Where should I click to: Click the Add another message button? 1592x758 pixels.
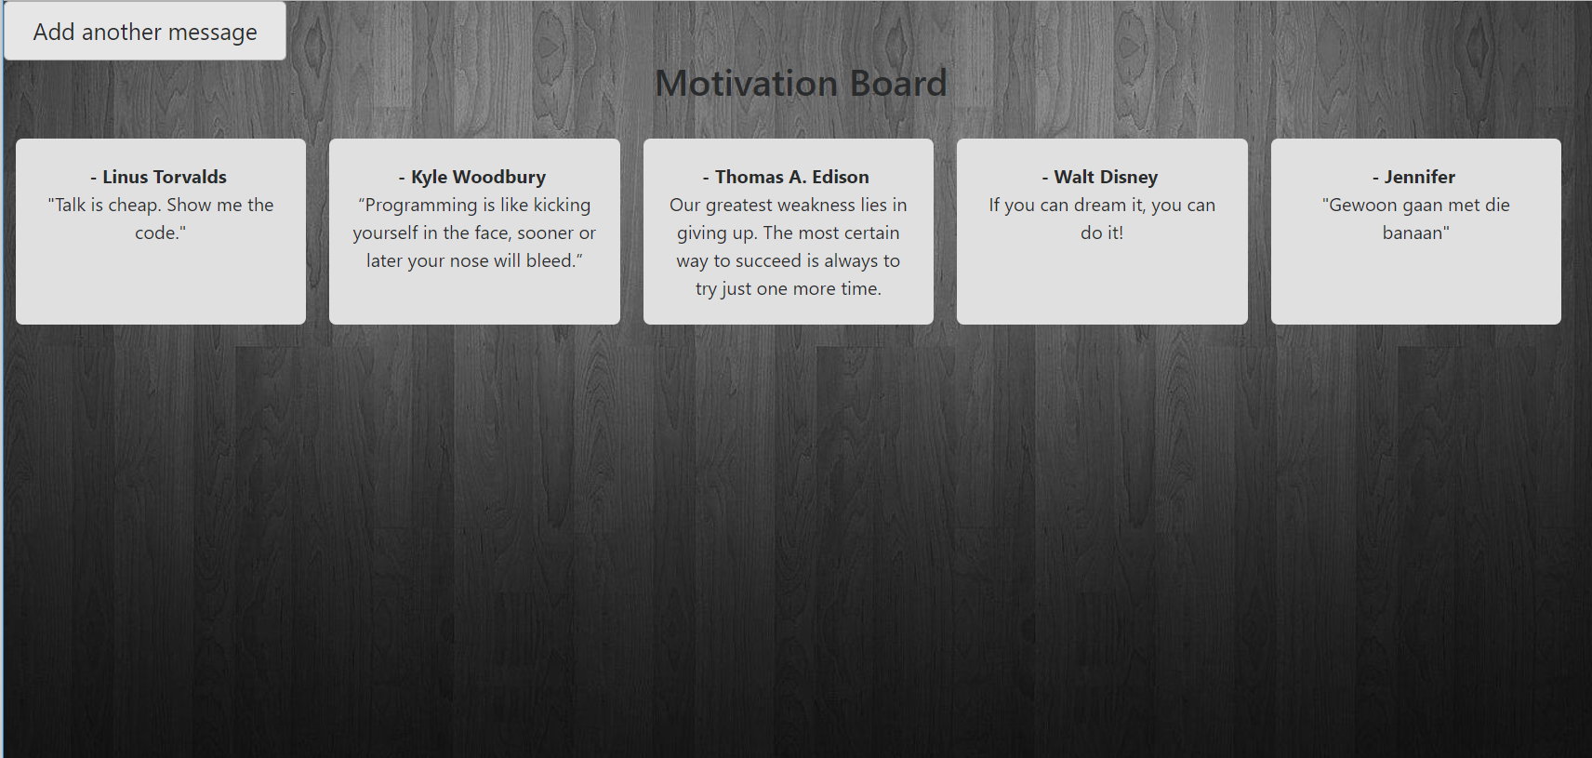pos(145,32)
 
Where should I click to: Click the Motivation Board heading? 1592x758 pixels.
pos(801,83)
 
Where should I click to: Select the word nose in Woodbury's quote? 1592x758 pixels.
pos(469,261)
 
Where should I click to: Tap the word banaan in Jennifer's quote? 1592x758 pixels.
pos(1413,233)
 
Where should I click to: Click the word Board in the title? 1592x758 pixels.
pos(898,83)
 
